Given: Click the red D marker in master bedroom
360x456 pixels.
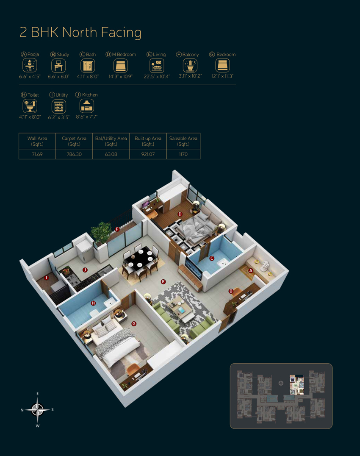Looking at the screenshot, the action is [180, 214].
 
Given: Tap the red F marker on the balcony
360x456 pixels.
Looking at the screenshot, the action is [117, 229].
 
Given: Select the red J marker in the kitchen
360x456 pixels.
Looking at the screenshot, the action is [85, 270].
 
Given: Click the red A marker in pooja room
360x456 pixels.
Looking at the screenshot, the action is [251, 270].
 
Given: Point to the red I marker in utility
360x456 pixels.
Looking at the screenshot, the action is [46, 278].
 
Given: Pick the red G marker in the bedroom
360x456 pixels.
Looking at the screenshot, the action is [134, 323].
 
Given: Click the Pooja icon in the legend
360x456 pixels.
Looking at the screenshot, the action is [30, 65].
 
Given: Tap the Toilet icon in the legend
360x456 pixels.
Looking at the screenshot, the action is [30, 106].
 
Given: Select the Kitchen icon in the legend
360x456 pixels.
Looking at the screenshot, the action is [86, 106].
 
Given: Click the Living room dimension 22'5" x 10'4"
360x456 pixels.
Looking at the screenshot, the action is [157, 76].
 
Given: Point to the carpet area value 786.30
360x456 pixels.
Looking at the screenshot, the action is [74, 154].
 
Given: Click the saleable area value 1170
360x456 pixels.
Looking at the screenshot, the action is [183, 154].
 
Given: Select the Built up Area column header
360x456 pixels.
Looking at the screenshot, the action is [148, 142].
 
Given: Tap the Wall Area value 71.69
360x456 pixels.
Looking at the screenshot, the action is [37, 154].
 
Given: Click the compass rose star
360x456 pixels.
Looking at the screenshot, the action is [37, 409].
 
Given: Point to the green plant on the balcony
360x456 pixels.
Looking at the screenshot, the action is [101, 233].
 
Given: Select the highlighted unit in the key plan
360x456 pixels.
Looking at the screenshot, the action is [296, 384].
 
